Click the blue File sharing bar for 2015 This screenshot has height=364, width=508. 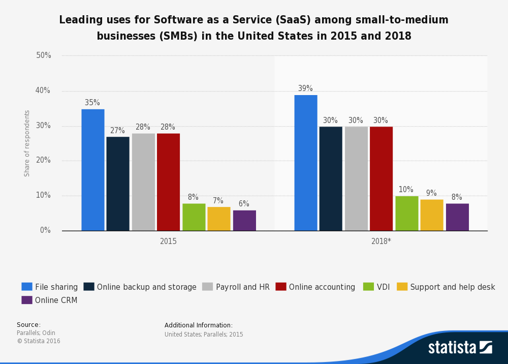[92, 170]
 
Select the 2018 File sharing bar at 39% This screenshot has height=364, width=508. [305, 163]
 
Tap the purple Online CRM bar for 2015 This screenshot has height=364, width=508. [244, 220]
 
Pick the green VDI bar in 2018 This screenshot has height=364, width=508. [406, 213]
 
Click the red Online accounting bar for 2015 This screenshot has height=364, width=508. [168, 182]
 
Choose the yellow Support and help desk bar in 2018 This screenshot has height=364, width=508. [431, 215]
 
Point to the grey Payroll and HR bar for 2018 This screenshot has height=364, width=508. [356, 178]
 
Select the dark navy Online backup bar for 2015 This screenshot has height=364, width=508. [118, 184]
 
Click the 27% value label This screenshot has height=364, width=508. [117, 131]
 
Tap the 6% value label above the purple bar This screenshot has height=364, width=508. [244, 204]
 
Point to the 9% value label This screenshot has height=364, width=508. [431, 193]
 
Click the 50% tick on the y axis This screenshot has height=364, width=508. [44, 55]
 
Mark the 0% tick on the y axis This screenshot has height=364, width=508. [46, 230]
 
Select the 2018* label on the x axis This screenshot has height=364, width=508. [381, 241]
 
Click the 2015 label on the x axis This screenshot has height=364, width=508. [168, 241]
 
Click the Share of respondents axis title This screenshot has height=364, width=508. [27, 143]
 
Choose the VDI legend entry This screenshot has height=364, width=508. [376, 287]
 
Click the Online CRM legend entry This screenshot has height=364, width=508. [50, 300]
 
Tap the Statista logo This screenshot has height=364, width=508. [460, 348]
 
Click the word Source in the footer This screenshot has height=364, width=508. [28, 325]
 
